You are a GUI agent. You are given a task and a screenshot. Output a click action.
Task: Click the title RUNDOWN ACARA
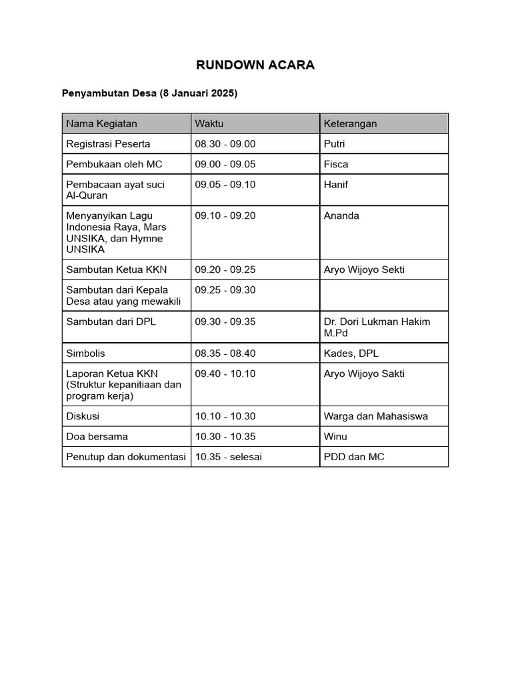click(255, 65)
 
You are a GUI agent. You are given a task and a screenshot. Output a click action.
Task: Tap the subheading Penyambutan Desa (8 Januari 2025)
click(149, 93)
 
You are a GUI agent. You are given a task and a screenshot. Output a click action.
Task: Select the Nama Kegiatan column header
click(101, 123)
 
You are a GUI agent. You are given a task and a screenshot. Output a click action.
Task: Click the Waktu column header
click(209, 123)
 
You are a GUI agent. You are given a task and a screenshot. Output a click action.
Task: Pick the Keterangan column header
click(350, 123)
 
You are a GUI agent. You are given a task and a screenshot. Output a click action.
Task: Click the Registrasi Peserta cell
click(108, 143)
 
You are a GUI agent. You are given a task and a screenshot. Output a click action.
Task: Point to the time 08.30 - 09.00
click(225, 143)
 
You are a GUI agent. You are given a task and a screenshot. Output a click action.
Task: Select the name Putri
click(335, 143)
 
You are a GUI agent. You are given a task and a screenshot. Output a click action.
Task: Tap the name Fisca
click(336, 164)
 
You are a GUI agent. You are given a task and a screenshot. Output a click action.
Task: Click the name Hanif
click(336, 184)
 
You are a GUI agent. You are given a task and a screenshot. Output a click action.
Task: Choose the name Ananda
click(341, 215)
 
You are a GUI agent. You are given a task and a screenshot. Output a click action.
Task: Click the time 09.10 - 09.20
click(225, 215)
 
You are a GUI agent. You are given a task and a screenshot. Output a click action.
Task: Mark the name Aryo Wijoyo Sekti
click(364, 269)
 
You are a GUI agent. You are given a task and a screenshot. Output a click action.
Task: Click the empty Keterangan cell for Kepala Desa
click(383, 295)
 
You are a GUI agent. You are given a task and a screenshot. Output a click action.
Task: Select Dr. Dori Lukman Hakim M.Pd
click(377, 327)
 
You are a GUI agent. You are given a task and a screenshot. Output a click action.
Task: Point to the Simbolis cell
click(85, 353)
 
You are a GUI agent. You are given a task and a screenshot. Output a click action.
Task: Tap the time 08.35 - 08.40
click(225, 353)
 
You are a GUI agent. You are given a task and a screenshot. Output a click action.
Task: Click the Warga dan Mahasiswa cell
click(375, 416)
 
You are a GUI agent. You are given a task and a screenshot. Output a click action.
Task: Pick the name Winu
click(335, 436)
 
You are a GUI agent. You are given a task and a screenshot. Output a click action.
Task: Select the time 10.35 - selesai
click(229, 457)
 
